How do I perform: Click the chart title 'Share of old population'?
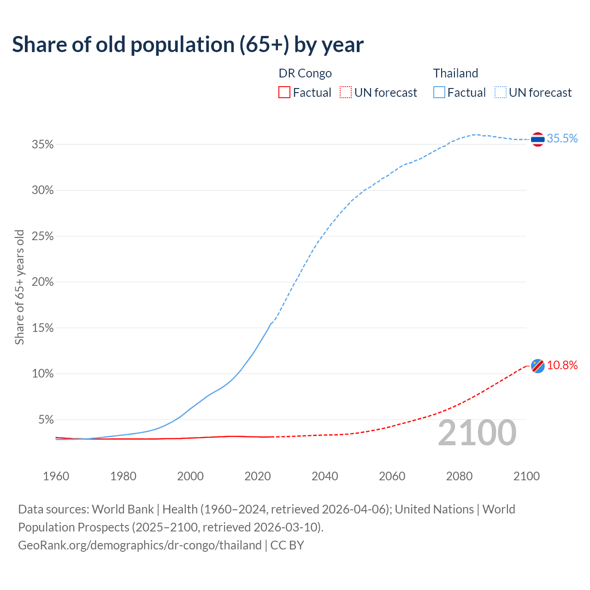coord(188,45)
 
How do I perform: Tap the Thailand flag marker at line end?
coord(538,139)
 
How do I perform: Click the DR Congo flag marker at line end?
coord(538,366)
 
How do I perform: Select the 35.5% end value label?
coord(562,139)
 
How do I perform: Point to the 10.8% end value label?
coord(562,366)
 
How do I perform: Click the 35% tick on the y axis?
coord(43,145)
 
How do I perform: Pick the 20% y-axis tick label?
coord(43,282)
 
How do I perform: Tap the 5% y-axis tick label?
coord(46,420)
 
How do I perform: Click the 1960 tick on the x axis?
coord(56,476)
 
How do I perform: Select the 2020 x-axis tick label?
coord(258,476)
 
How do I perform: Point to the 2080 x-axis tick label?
coord(459,476)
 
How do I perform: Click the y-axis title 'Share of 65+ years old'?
coord(19,287)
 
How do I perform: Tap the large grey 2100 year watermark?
coord(477,433)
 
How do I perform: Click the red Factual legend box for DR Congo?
coord(284,93)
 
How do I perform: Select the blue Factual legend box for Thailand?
coord(439,93)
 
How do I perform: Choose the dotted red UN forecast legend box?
coord(346,93)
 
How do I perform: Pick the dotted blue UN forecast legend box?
coord(501,93)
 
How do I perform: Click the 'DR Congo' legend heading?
coord(305,73)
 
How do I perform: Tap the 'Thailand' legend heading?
coord(455,73)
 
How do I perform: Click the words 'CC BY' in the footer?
coord(287,545)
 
